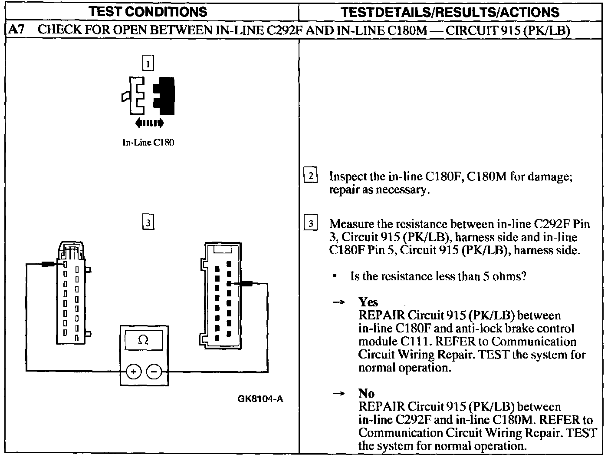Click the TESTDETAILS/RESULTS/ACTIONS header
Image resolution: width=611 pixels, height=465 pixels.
click(450, 12)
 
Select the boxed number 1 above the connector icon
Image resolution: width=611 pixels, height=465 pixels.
click(148, 64)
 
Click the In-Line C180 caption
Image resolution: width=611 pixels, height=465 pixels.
click(148, 143)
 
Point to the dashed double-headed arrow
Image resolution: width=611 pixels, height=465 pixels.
click(149, 123)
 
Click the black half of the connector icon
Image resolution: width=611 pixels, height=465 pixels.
click(164, 96)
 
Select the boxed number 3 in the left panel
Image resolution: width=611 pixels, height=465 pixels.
click(148, 223)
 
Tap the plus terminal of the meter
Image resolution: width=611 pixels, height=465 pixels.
click(134, 372)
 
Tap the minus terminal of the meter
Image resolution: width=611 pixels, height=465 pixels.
click(154, 372)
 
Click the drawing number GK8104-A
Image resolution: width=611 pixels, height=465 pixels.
click(260, 399)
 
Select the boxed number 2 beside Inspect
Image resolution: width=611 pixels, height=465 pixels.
click(311, 176)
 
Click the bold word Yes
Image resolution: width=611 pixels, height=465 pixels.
click(368, 302)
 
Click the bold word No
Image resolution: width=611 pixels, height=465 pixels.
click(366, 393)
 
